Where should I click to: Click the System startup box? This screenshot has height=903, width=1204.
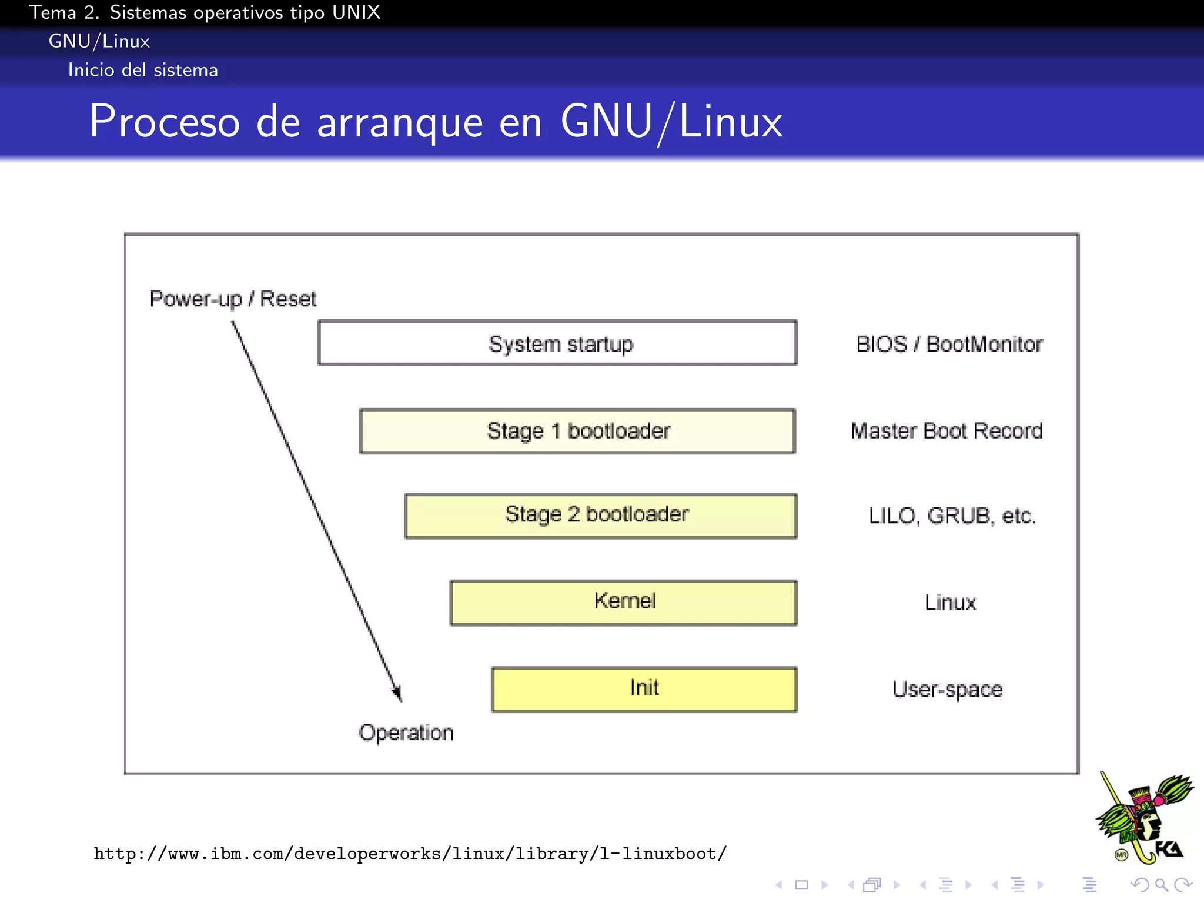pyautogui.click(x=557, y=343)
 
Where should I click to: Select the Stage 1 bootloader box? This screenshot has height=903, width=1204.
pyautogui.click(x=577, y=431)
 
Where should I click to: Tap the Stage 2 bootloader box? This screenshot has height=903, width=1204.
pyautogui.click(x=600, y=516)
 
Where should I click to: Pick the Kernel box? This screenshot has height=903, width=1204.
pyautogui.click(x=623, y=602)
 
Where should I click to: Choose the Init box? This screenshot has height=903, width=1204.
pyautogui.click(x=644, y=688)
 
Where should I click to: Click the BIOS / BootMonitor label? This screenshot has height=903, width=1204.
pyautogui.click(x=949, y=344)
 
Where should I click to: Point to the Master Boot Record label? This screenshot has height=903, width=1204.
pyautogui.click(x=947, y=431)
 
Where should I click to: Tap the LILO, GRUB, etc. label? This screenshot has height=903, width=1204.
pyautogui.click(x=952, y=516)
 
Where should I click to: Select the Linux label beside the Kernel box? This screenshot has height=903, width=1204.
pyautogui.click(x=950, y=602)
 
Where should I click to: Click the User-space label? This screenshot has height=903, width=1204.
pyautogui.click(x=947, y=689)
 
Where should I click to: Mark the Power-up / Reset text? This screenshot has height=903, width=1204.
pyautogui.click(x=233, y=299)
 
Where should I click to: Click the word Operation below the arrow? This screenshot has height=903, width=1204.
pyautogui.click(x=406, y=733)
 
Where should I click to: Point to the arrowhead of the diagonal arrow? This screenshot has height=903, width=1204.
pyautogui.click(x=397, y=693)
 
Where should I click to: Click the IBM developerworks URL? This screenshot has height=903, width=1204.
pyautogui.click(x=410, y=853)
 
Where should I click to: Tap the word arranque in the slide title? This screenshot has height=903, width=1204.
pyautogui.click(x=400, y=122)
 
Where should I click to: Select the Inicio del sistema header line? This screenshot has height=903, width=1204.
pyautogui.click(x=143, y=70)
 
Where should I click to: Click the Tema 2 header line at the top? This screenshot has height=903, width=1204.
pyautogui.click(x=205, y=12)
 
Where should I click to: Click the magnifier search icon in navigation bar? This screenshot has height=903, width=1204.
pyautogui.click(x=1161, y=884)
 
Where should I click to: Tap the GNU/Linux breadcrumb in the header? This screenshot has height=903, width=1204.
pyautogui.click(x=99, y=41)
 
